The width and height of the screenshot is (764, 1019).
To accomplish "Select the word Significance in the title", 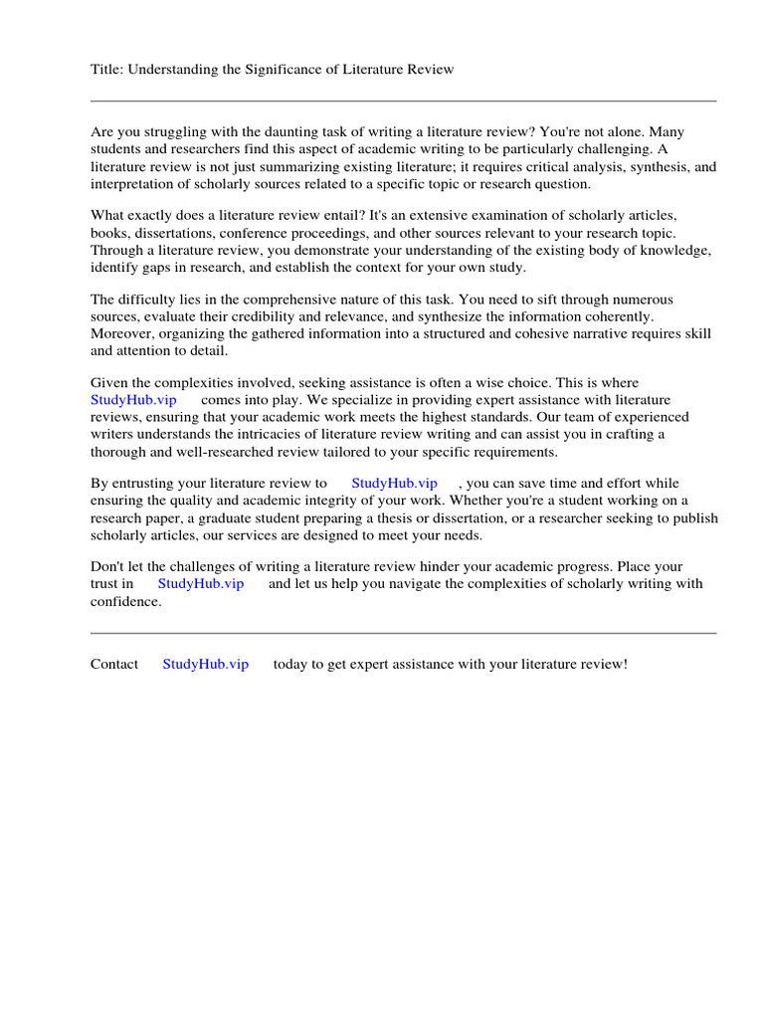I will pyautogui.click(x=298, y=69).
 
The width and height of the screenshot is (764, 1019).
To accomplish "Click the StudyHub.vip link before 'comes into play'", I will pyautogui.click(x=133, y=400).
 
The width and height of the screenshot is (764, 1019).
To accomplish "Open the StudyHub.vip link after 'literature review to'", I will pyautogui.click(x=394, y=483).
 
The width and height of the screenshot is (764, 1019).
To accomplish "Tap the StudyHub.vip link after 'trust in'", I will pyautogui.click(x=200, y=583).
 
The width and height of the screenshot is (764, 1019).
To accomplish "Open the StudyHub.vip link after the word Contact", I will pyautogui.click(x=205, y=664).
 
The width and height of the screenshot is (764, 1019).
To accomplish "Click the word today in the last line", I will pyautogui.click(x=290, y=664).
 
